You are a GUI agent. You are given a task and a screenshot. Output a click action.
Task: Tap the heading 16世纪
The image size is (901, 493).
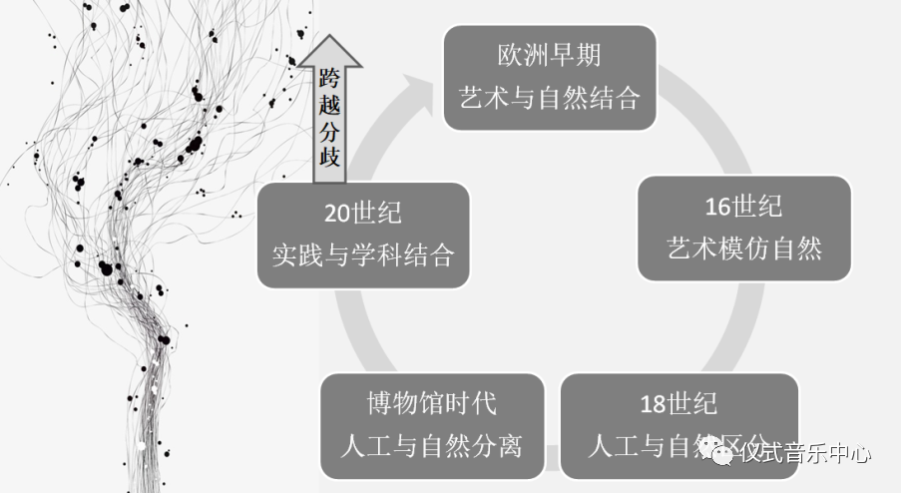742,207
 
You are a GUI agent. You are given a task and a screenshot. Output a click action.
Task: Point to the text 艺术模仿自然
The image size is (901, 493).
744,248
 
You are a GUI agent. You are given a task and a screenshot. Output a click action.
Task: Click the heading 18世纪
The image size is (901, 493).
678,405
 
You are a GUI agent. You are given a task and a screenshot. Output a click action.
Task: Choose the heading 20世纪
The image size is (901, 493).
362,213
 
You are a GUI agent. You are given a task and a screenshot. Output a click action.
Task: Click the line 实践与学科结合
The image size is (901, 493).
363,255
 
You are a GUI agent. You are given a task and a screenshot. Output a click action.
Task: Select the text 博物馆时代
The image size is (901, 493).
431,403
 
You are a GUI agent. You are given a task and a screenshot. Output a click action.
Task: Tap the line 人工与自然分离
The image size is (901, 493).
431,445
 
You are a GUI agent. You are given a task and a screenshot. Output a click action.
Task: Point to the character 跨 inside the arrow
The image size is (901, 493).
329,76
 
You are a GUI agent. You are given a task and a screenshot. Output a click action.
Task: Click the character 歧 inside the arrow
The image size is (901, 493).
329,158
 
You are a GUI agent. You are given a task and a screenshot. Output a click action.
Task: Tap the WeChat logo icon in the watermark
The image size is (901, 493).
720,454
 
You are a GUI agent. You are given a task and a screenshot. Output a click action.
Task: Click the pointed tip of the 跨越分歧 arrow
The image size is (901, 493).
329,37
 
